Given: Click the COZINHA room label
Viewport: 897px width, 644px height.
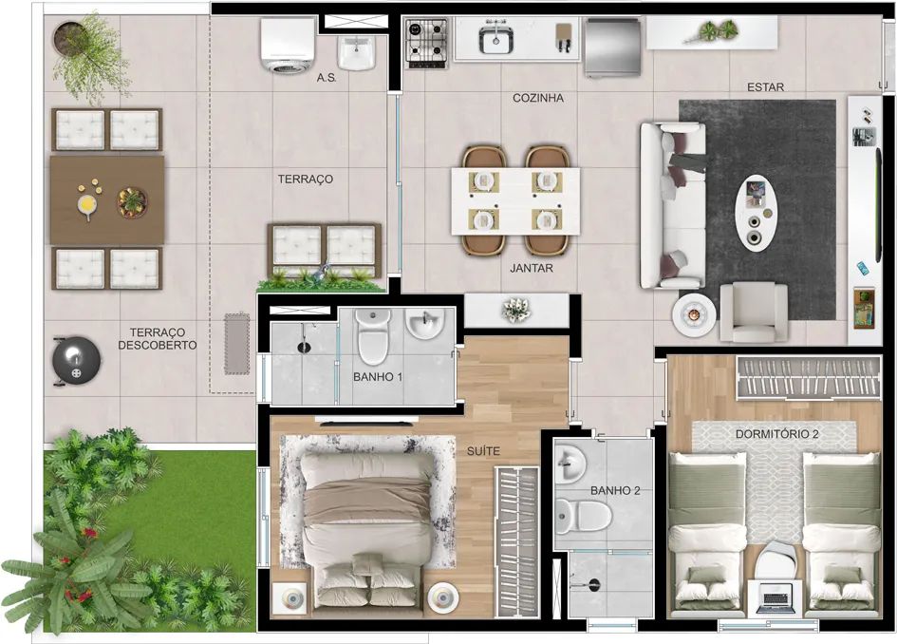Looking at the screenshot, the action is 538,98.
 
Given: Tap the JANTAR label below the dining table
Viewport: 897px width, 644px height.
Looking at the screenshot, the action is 532,267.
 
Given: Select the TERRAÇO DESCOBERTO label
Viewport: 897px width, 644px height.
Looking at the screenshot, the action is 158,339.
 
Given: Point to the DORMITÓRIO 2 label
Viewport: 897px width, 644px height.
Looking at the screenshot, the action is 776,434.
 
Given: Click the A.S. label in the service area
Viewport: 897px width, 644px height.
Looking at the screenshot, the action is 327,77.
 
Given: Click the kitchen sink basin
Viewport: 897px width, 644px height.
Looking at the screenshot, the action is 495,40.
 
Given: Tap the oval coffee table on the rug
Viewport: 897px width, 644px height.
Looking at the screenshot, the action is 757,213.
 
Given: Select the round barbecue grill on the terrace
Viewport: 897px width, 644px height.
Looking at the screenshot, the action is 76,361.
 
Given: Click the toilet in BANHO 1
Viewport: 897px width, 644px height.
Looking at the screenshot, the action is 373,337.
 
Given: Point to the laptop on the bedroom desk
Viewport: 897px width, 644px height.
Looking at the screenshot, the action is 776,598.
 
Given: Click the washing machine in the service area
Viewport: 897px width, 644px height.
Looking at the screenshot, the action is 288,45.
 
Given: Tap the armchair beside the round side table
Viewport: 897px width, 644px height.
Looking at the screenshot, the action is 754,312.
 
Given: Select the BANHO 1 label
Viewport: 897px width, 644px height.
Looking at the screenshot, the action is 378,377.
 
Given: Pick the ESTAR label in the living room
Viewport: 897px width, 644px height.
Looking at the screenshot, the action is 765,87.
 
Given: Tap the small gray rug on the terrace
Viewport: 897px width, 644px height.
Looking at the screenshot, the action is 237,344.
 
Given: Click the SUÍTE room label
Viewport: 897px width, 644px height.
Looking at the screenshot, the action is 483,451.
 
